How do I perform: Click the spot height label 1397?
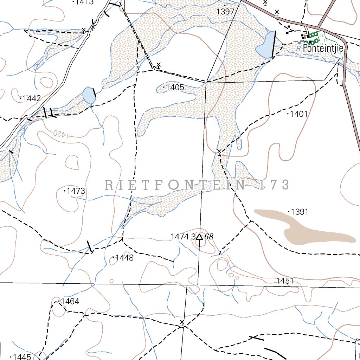[225, 12]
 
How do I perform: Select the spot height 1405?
[175, 88]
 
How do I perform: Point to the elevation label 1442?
[32, 98]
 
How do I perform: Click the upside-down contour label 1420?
[60, 133]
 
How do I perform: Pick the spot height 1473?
[76, 191]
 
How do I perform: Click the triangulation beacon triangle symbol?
[199, 237]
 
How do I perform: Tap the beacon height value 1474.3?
[183, 237]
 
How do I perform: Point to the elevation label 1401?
[299, 114]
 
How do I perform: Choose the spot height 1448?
[124, 258]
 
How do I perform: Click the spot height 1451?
[285, 281]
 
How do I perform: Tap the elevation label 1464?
[70, 301]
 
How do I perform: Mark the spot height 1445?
[22, 357]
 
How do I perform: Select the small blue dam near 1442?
[89, 95]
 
